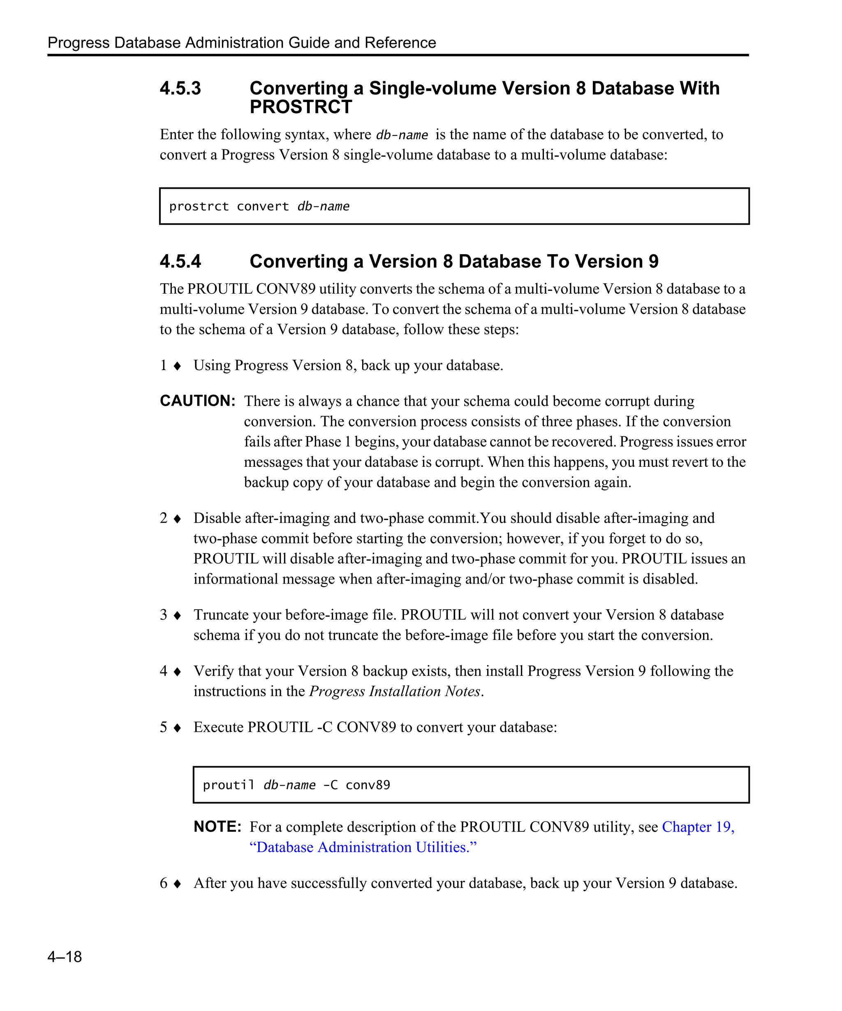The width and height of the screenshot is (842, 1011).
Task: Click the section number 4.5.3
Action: (x=180, y=88)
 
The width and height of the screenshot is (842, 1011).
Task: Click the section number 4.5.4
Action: (x=180, y=262)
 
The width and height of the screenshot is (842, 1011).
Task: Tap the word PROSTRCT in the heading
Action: (x=301, y=107)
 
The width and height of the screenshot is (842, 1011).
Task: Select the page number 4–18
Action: (x=65, y=957)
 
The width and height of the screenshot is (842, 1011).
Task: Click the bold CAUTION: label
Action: (x=197, y=401)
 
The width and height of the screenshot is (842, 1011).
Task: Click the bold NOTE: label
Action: (x=217, y=827)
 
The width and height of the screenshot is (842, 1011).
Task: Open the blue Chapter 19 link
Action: (x=698, y=827)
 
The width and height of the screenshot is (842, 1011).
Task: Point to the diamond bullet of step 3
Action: (x=177, y=615)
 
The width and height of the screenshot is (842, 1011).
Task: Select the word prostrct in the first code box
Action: (x=199, y=206)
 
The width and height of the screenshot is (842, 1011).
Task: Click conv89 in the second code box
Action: (x=368, y=785)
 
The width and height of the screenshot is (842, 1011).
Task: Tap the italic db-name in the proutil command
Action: (x=289, y=785)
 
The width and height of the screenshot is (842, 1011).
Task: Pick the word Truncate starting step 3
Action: (x=221, y=615)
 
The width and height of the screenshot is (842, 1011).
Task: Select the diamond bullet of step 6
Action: (x=177, y=883)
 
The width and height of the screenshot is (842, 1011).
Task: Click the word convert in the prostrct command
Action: (x=263, y=206)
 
